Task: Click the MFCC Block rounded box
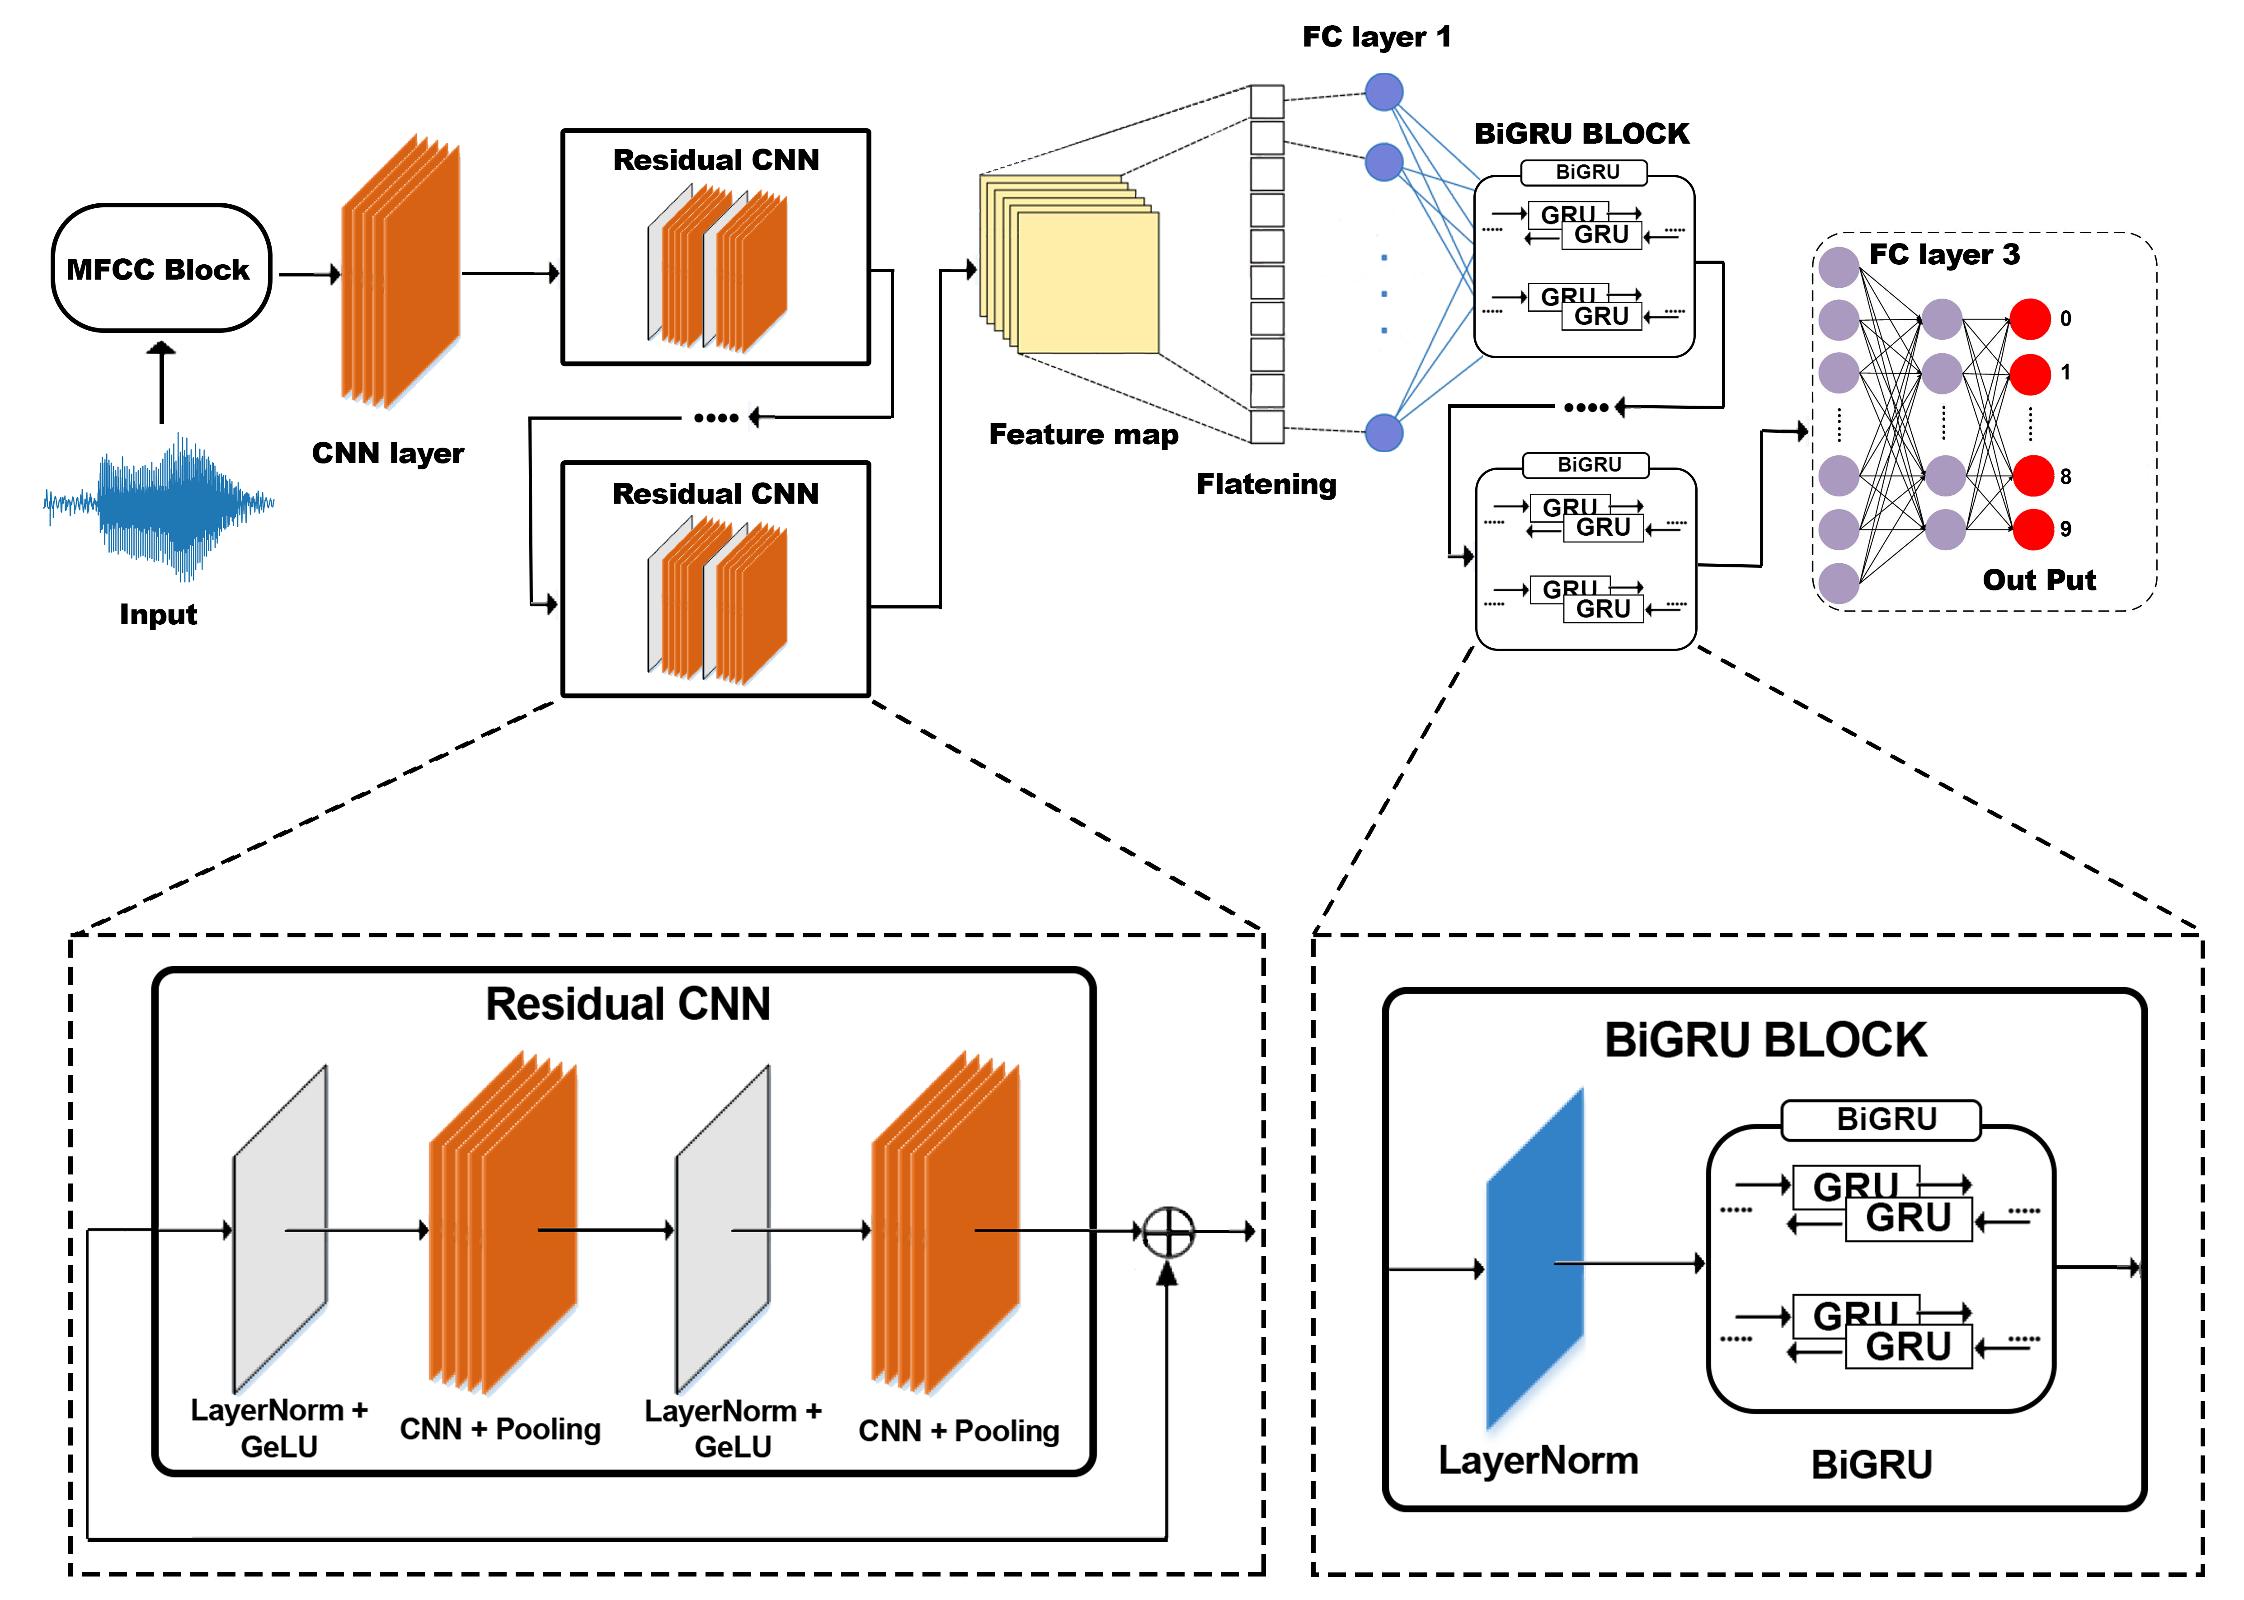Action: pyautogui.click(x=160, y=268)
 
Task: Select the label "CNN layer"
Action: pyautogui.click(x=387, y=453)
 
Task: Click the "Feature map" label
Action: pyautogui.click(x=1083, y=435)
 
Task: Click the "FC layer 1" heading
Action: pyautogui.click(x=1376, y=37)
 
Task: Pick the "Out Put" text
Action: pyautogui.click(x=2038, y=580)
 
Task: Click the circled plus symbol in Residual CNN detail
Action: pyautogui.click(x=1168, y=1231)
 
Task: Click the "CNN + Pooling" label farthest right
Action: pyautogui.click(x=958, y=1431)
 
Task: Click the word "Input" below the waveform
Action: pyautogui.click(x=158, y=615)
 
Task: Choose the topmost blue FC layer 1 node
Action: pyautogui.click(x=1383, y=93)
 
